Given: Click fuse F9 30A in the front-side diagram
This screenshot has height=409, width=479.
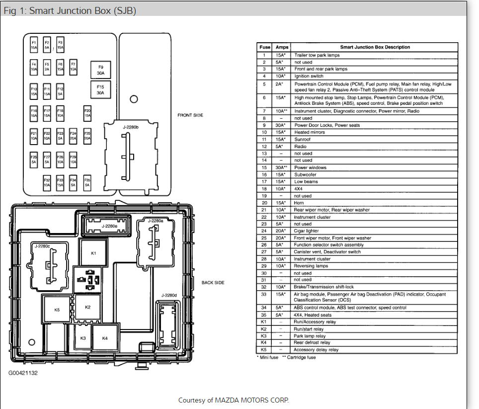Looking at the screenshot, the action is click(100, 70).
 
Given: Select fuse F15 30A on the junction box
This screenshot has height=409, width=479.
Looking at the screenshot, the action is click(100, 90).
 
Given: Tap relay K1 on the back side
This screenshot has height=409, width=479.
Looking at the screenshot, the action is click(93, 253).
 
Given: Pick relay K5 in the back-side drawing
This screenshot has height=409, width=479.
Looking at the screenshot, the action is click(57, 310).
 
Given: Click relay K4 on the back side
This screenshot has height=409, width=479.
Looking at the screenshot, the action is click(105, 338).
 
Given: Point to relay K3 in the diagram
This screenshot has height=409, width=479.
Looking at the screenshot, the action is click(83, 338).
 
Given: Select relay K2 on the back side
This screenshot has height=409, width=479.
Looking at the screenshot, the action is click(88, 307).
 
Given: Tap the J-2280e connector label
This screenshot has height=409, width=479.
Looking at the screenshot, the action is click(109, 226).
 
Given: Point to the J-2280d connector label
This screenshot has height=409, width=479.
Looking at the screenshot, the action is click(169, 295).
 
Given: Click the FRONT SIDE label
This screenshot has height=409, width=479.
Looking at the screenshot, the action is click(190, 115).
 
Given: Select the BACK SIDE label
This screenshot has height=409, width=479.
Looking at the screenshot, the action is click(213, 283).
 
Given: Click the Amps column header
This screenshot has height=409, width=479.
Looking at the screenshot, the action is click(282, 47).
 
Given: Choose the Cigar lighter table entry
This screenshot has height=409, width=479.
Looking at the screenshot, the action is click(307, 231).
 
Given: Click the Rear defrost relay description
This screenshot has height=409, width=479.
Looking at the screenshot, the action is click(312, 342).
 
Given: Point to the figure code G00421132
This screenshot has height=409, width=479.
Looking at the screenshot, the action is click(23, 372).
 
